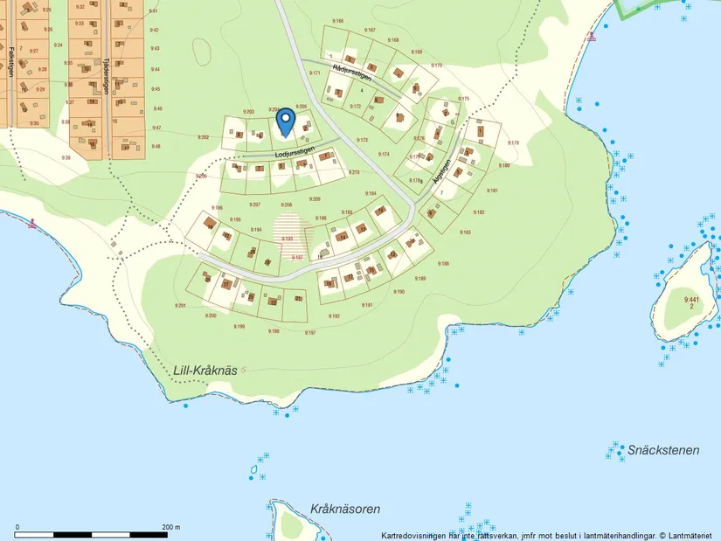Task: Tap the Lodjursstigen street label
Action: [x=295, y=152]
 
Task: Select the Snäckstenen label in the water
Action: [x=663, y=450]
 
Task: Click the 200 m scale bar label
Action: [x=170, y=527]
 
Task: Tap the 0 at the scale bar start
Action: [x=17, y=527]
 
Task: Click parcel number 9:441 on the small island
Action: [x=690, y=299]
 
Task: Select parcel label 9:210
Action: [x=354, y=173]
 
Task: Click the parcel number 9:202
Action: [x=203, y=137]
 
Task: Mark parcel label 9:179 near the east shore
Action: [x=513, y=142]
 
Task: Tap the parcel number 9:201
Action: [x=180, y=305]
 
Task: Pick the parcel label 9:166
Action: [x=338, y=20]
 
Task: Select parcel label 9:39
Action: [x=66, y=157]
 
